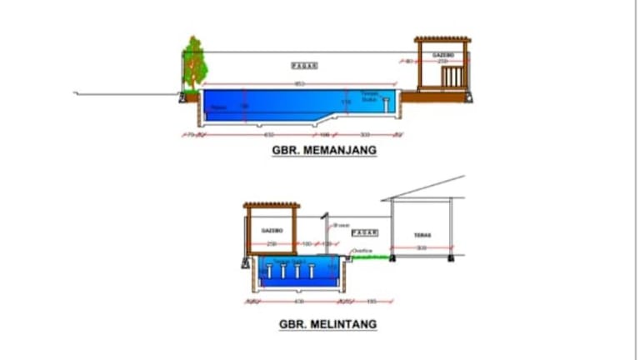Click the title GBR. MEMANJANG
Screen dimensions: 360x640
[x=324, y=151]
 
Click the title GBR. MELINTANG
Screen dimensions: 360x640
[x=327, y=323]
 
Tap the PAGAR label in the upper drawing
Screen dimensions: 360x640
[x=305, y=65]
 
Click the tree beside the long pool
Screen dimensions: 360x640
[x=193, y=62]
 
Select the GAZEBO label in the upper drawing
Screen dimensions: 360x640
[x=442, y=54]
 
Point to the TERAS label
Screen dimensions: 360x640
[x=421, y=234]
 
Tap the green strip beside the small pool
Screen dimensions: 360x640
[x=371, y=257]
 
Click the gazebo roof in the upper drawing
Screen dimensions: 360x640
[x=442, y=39]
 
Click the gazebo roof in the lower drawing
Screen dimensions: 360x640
[x=271, y=205]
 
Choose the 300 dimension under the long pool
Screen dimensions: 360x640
[x=364, y=133]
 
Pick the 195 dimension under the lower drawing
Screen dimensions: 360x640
[x=372, y=301]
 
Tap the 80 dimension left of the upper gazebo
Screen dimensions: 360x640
[x=408, y=61]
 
